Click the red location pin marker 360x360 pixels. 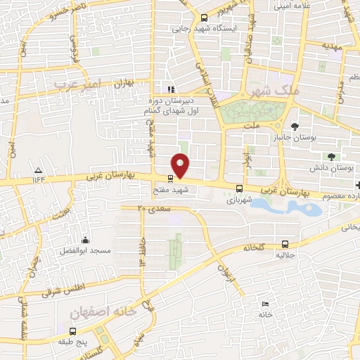click(x=181, y=165)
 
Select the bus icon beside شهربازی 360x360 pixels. click(x=240, y=188)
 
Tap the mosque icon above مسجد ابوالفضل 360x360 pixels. click(x=86, y=240)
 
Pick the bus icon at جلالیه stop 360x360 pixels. click(x=283, y=239)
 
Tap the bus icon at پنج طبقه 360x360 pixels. click(x=72, y=330)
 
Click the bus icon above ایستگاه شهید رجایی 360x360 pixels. click(x=203, y=19)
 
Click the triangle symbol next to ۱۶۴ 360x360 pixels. click(x=38, y=171)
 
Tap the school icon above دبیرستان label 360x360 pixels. click(x=170, y=89)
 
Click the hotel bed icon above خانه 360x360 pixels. click(x=264, y=304)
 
